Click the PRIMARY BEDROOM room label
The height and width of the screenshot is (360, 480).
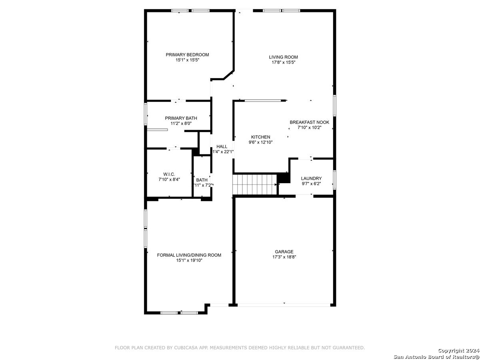pyautogui.click(x=187, y=55)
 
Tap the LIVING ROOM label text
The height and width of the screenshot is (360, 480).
pyautogui.click(x=283, y=57)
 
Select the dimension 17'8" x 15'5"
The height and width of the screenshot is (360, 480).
pyautogui.click(x=284, y=62)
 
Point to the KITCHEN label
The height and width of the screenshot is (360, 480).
pyautogui.click(x=260, y=137)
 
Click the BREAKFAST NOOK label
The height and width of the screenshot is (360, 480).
pyautogui.click(x=310, y=122)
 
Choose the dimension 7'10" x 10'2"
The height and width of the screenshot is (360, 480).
pyautogui.click(x=309, y=128)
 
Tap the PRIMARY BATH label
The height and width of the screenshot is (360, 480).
pyautogui.click(x=181, y=118)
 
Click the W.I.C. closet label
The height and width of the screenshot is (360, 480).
pyautogui.click(x=169, y=174)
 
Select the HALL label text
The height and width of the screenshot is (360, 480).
pyautogui.click(x=222, y=146)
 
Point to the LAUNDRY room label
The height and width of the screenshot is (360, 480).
pyautogui.click(x=311, y=178)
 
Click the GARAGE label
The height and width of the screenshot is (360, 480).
pyautogui.click(x=284, y=252)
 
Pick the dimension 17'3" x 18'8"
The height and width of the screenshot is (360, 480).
pyautogui.click(x=284, y=257)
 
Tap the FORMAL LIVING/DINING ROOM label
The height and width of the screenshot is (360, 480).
pyautogui.click(x=189, y=255)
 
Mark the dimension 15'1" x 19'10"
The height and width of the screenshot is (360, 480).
pyautogui.click(x=189, y=260)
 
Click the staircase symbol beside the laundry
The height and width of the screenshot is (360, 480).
pyautogui.click(x=254, y=184)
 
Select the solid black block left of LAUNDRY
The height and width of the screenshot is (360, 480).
pyautogui.click(x=284, y=178)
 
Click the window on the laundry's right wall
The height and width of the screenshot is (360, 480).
pyautogui.click(x=334, y=180)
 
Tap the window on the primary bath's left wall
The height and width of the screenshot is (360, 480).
pyautogui.click(x=146, y=114)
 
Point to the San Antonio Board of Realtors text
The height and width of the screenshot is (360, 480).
pyautogui.click(x=436, y=357)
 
